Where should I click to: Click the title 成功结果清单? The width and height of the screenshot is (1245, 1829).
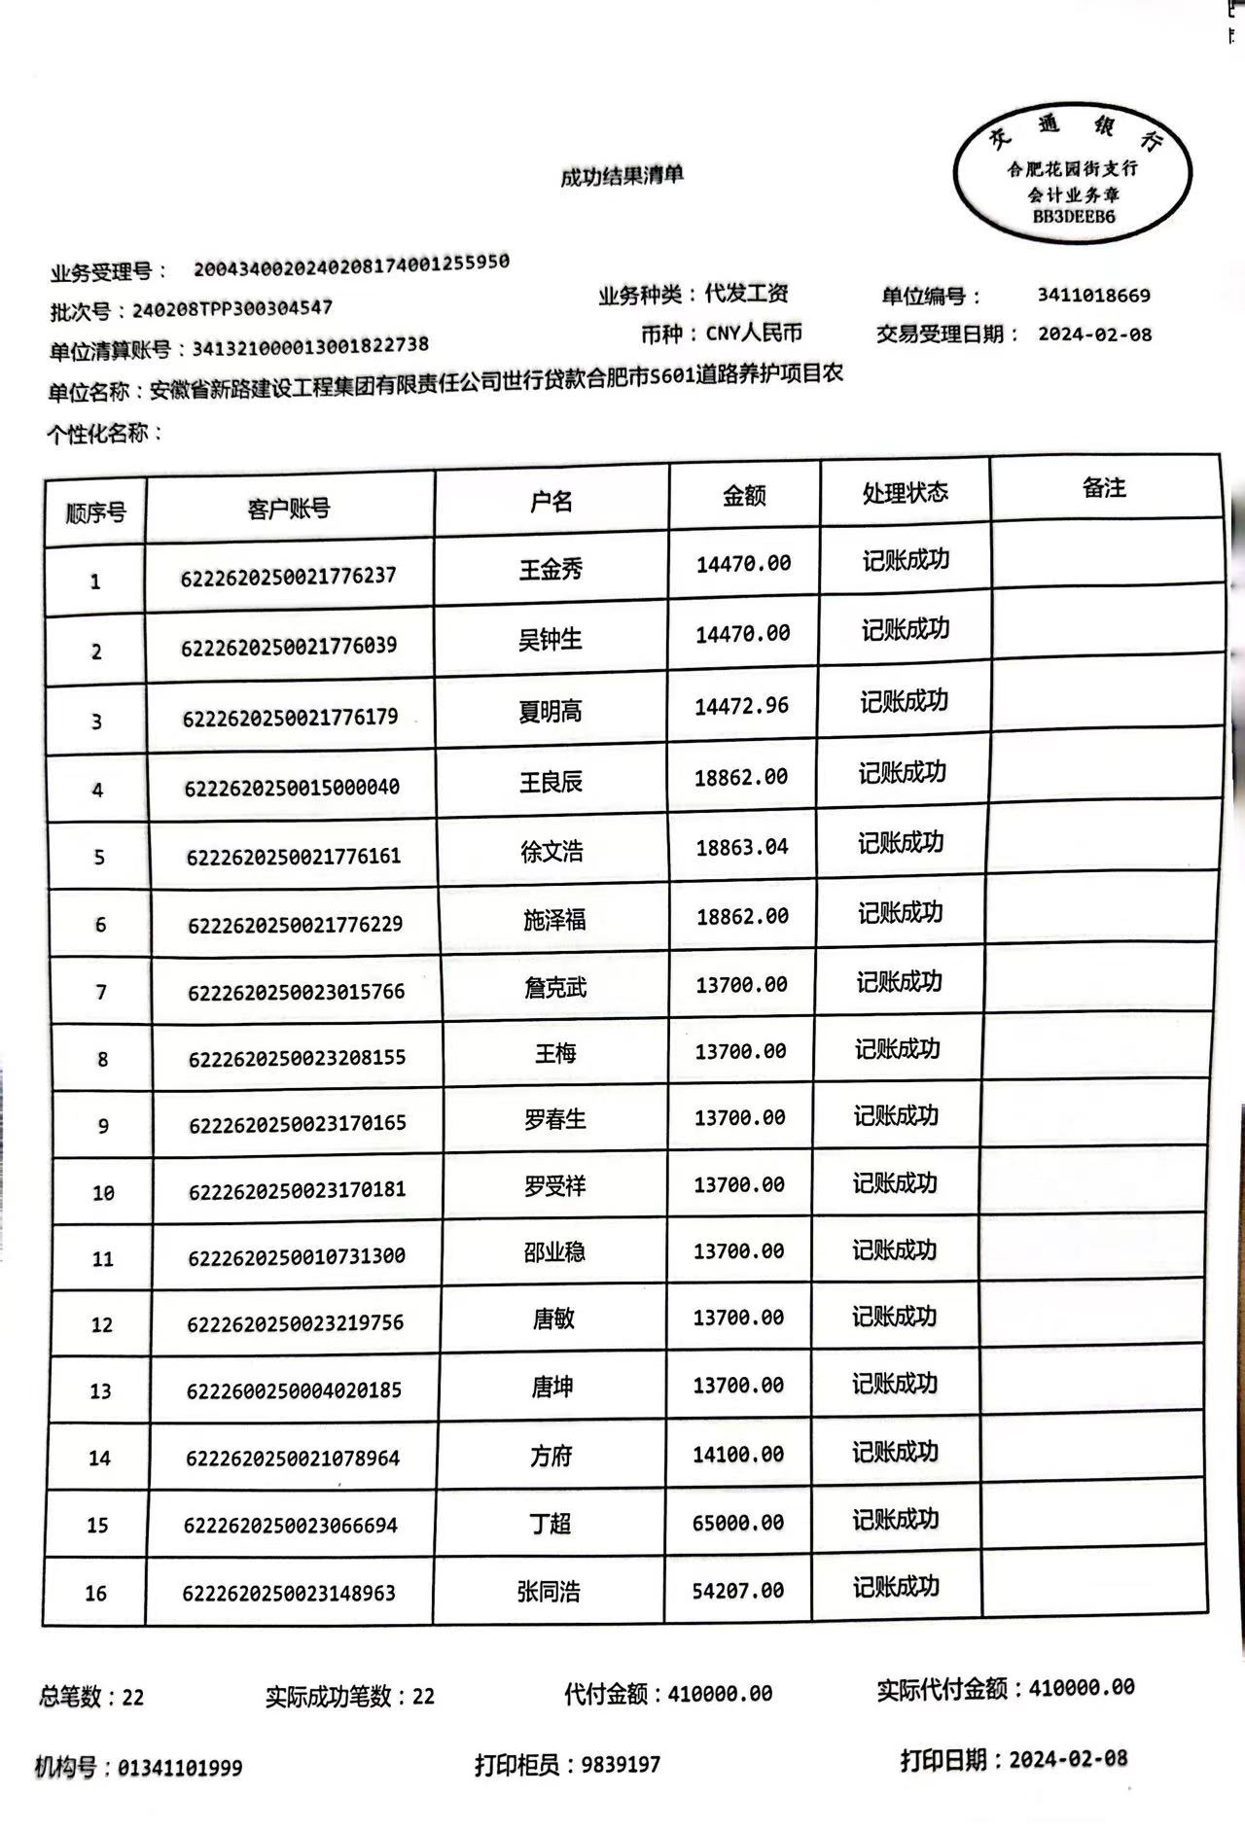click(622, 176)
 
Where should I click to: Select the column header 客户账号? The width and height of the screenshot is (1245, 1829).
click(289, 508)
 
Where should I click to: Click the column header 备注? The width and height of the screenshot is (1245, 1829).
click(1104, 487)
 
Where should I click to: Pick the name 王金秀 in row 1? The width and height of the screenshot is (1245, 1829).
click(551, 569)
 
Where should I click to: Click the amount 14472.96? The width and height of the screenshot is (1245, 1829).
click(741, 706)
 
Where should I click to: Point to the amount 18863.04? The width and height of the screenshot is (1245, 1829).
click(741, 847)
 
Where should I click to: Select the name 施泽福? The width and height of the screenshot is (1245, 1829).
click(554, 919)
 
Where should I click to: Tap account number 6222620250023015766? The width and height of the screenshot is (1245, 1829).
click(296, 992)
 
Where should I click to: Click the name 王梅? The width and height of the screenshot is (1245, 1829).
click(555, 1053)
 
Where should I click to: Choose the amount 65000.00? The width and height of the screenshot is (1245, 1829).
click(737, 1523)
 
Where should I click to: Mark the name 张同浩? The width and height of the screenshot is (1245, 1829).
click(549, 1592)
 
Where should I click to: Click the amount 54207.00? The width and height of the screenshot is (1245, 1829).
click(737, 1591)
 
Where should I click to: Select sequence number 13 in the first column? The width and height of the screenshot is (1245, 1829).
click(100, 1391)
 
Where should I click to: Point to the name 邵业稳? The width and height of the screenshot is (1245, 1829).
click(554, 1252)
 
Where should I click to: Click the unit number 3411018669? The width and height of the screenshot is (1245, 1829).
click(1093, 296)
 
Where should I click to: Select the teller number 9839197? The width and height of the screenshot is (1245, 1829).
click(621, 1764)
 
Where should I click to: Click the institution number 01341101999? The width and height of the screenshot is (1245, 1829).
click(180, 1768)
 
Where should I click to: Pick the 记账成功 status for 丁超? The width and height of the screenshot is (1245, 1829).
click(895, 1520)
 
